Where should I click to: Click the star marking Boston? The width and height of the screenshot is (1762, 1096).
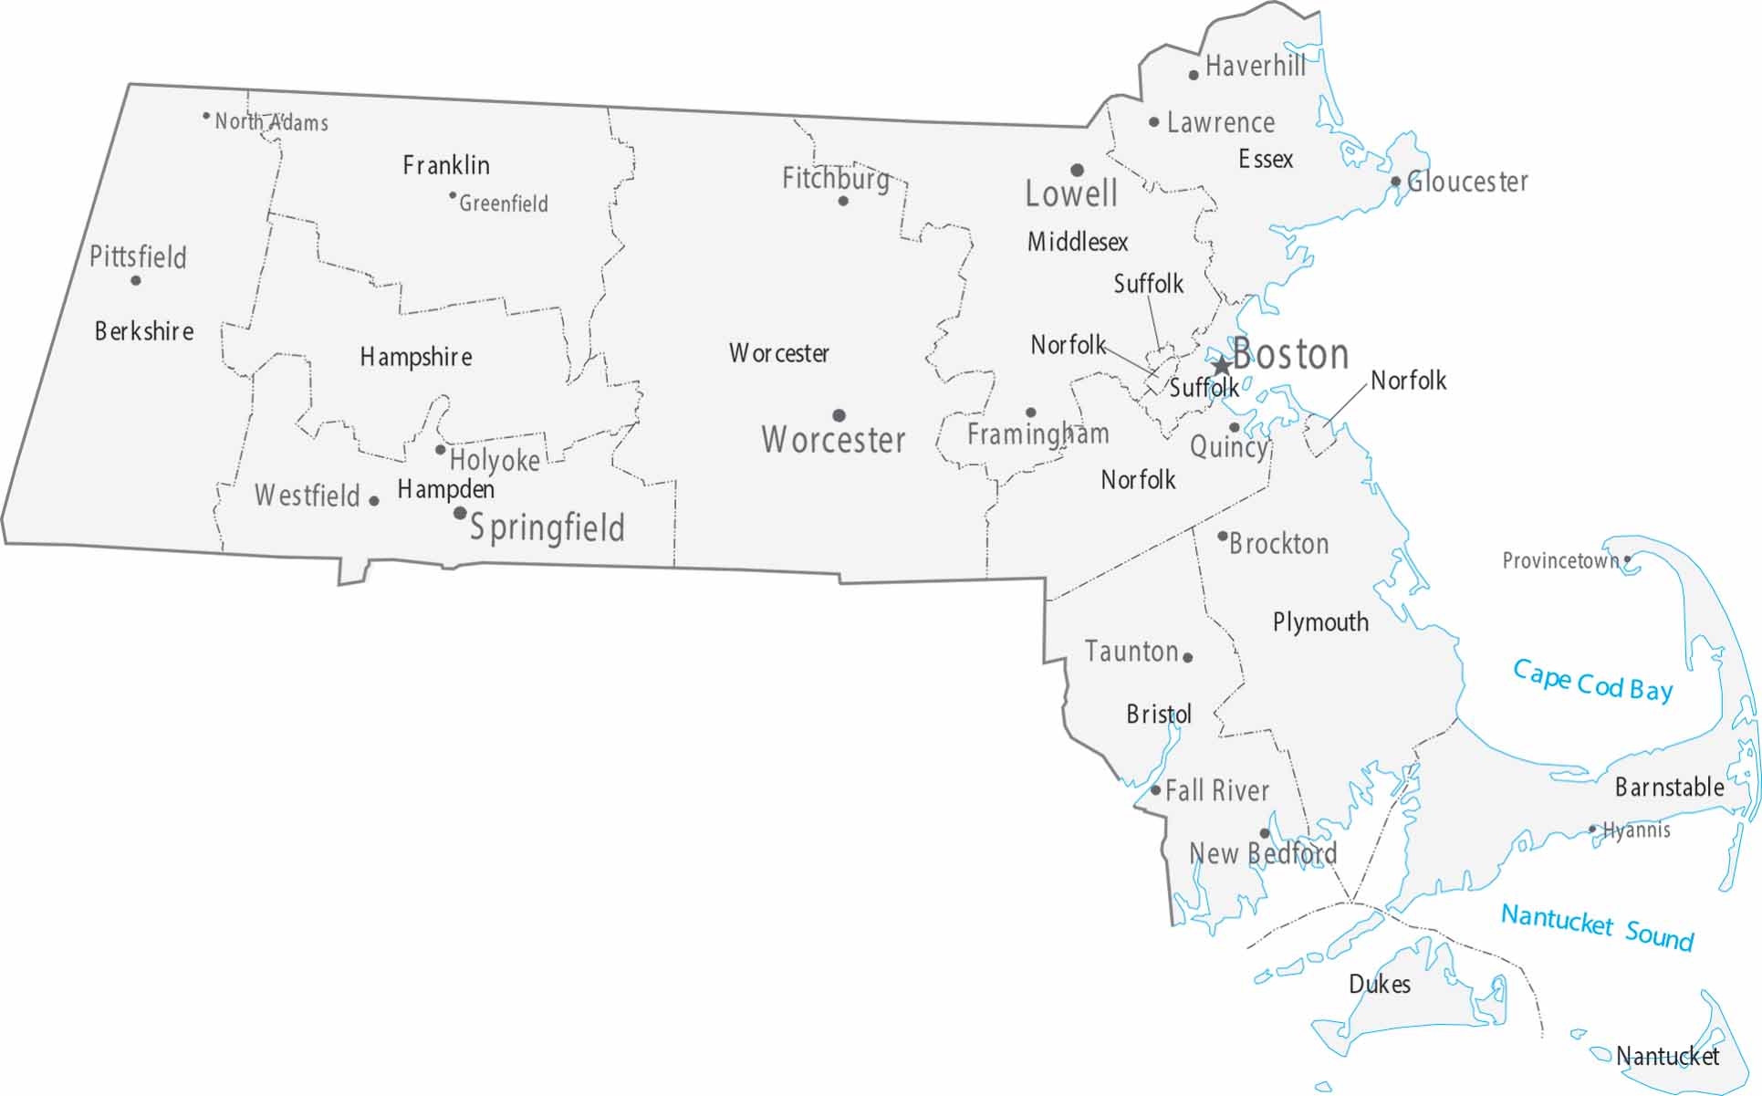pos(1221,366)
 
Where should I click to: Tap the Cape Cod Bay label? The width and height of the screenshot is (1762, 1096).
pos(1592,681)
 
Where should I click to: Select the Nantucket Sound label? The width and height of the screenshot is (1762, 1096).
pos(1597,926)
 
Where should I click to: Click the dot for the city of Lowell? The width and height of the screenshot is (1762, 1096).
pos(1077,170)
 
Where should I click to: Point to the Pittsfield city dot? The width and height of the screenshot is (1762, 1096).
pos(136,280)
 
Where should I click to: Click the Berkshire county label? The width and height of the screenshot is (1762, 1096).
pos(144,331)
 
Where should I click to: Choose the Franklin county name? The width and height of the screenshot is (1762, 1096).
pos(446,165)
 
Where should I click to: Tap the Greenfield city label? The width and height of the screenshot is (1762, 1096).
pos(503,204)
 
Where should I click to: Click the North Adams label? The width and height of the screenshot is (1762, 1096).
pos(271,122)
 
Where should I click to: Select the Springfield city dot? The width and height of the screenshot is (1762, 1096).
pos(460,513)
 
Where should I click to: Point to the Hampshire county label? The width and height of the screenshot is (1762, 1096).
pos(416,357)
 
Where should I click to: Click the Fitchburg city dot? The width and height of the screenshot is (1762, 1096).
pos(843,201)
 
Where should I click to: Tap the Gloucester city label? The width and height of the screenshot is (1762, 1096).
pos(1467,182)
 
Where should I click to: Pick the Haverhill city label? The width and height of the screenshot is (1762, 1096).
pos(1256,66)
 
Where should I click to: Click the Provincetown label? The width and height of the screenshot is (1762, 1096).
pos(1560,560)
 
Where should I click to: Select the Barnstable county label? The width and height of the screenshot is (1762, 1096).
pos(1669,787)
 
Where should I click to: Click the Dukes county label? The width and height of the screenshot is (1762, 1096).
pos(1380,984)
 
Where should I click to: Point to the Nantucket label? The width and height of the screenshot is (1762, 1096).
pos(1667,1056)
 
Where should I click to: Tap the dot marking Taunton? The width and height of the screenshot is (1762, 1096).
pos(1187,657)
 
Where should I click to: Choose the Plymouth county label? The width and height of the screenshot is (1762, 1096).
pos(1320,622)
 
